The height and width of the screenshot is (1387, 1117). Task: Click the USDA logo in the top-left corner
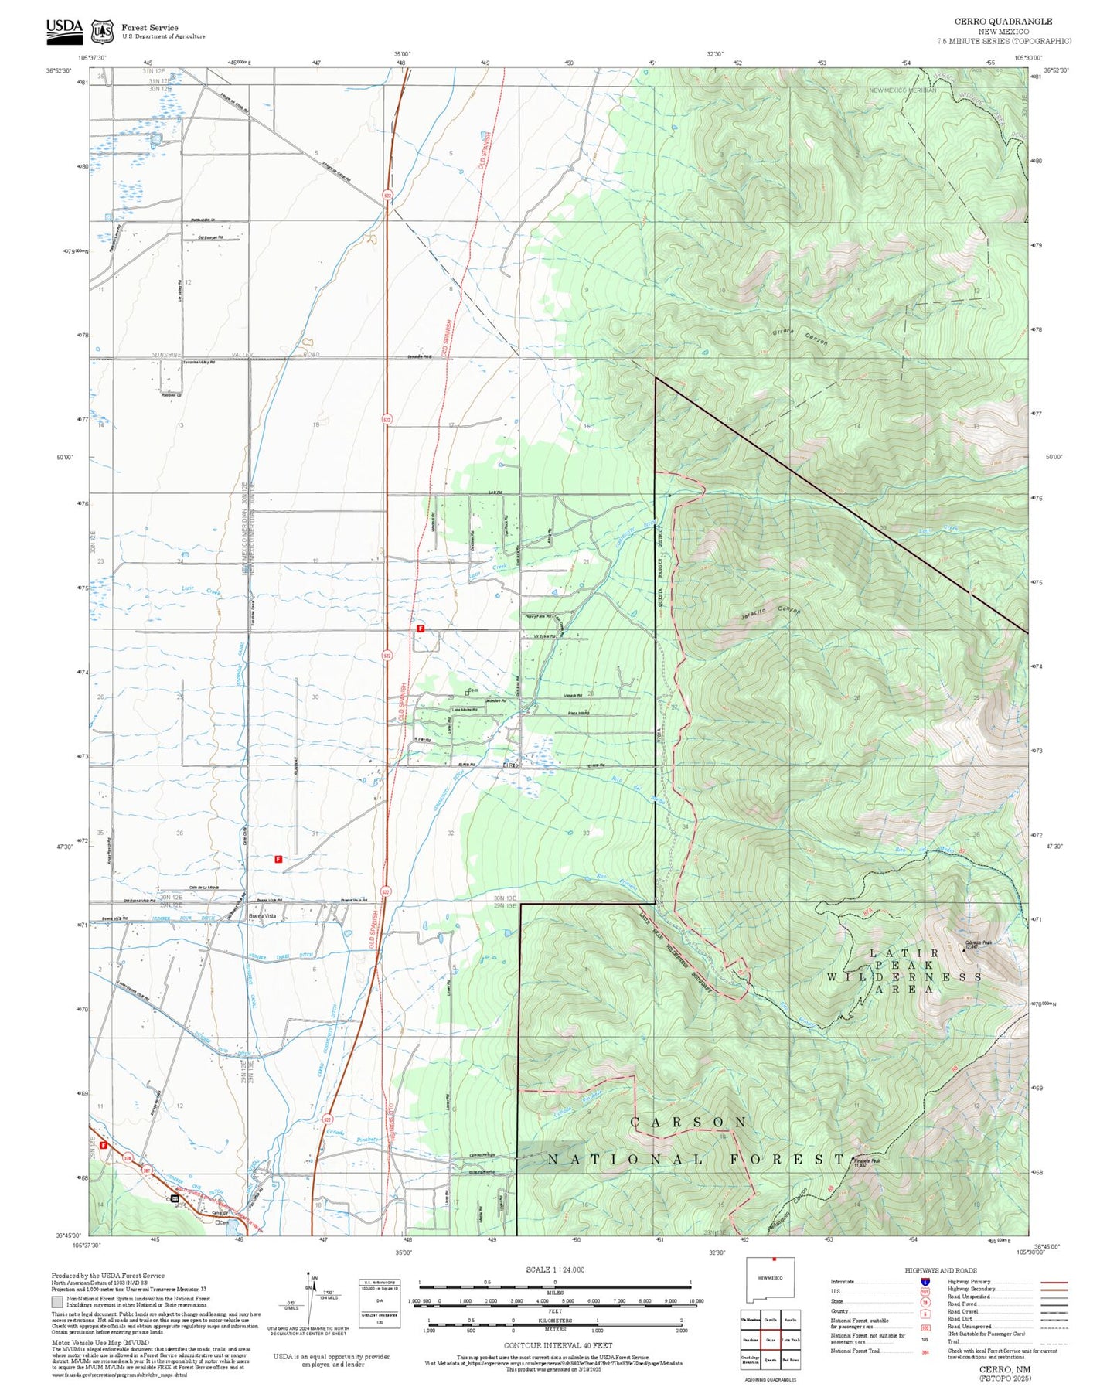(64, 28)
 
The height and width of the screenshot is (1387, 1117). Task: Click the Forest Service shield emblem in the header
(102, 31)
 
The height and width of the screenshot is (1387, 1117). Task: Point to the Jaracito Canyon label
(765, 613)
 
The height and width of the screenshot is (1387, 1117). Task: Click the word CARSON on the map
(688, 1122)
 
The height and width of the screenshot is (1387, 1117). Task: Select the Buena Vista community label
(262, 915)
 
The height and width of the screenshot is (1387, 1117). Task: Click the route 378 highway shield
(127, 1157)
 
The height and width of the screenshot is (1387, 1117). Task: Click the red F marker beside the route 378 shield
(103, 1145)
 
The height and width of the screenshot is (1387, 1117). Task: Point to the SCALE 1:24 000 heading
(554, 1269)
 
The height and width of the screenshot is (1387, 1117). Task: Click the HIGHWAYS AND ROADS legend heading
(941, 1270)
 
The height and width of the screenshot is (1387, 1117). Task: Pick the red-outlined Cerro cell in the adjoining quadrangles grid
(770, 1339)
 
